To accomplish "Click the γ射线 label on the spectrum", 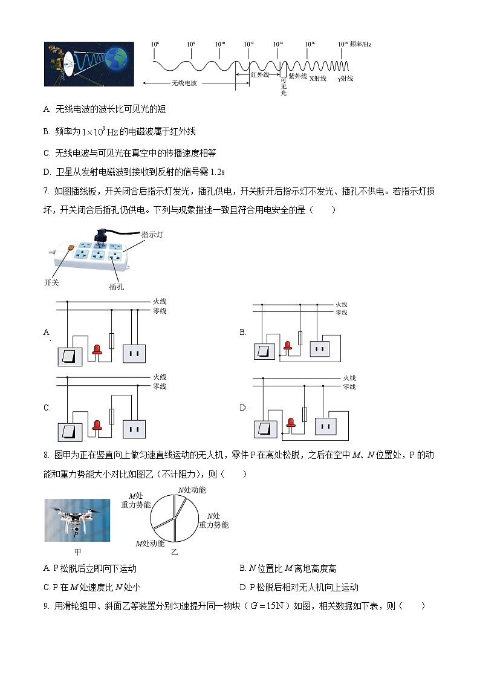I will coord(345,79).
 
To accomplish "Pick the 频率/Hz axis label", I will coord(362,44).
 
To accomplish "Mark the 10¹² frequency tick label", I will coord(248,45).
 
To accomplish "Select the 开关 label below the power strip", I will coord(53,282).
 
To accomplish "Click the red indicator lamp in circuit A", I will coord(96,349).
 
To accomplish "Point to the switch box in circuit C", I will coord(70,430).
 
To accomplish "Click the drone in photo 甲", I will coord(77,515).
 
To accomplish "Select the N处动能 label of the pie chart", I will coord(191,490).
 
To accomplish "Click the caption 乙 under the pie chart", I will coord(174,552).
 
